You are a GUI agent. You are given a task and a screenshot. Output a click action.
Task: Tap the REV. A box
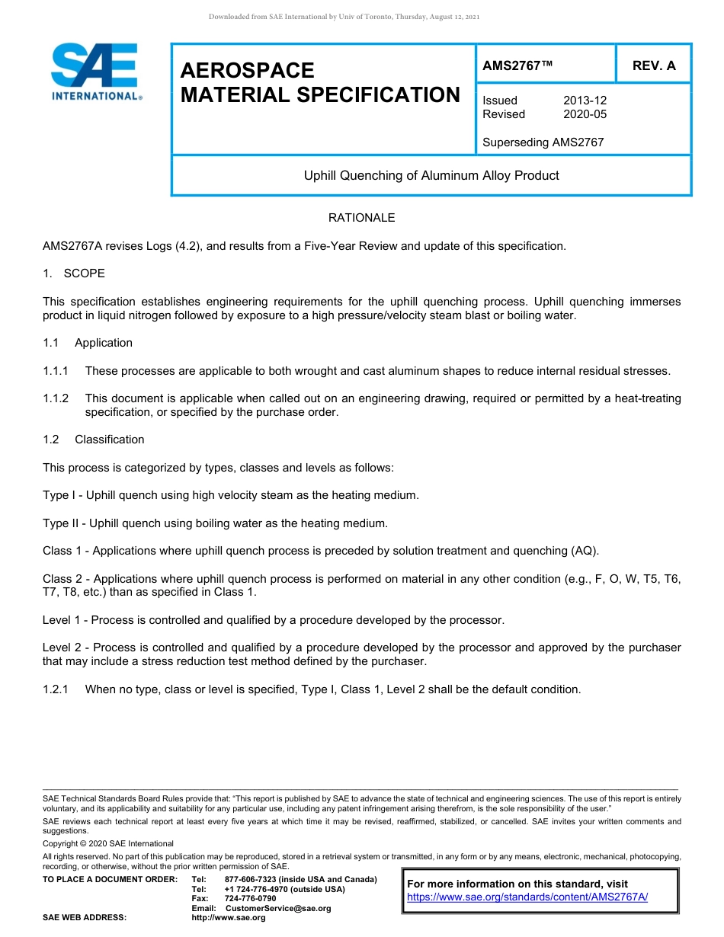(653, 66)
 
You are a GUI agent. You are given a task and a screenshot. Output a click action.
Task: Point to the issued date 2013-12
(585, 101)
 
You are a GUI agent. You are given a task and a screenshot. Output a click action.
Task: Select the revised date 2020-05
(585, 114)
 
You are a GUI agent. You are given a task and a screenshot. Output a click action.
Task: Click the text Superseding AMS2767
(543, 142)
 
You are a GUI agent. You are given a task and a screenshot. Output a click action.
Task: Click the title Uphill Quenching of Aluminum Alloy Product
(431, 176)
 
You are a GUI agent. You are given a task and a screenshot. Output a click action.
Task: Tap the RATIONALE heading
(361, 218)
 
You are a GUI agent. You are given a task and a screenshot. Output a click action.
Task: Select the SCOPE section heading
(85, 273)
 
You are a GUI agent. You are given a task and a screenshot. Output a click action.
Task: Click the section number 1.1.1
(56, 371)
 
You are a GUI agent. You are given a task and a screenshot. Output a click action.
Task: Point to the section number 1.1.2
(56, 398)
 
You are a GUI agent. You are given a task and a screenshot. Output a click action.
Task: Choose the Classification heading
(109, 440)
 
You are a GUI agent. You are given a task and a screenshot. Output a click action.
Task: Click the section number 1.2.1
(56, 689)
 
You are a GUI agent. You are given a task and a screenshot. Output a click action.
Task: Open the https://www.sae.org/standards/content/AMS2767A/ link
(527, 897)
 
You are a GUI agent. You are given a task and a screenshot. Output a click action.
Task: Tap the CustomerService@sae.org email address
(278, 908)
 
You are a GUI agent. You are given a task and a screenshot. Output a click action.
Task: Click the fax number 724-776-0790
(251, 899)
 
